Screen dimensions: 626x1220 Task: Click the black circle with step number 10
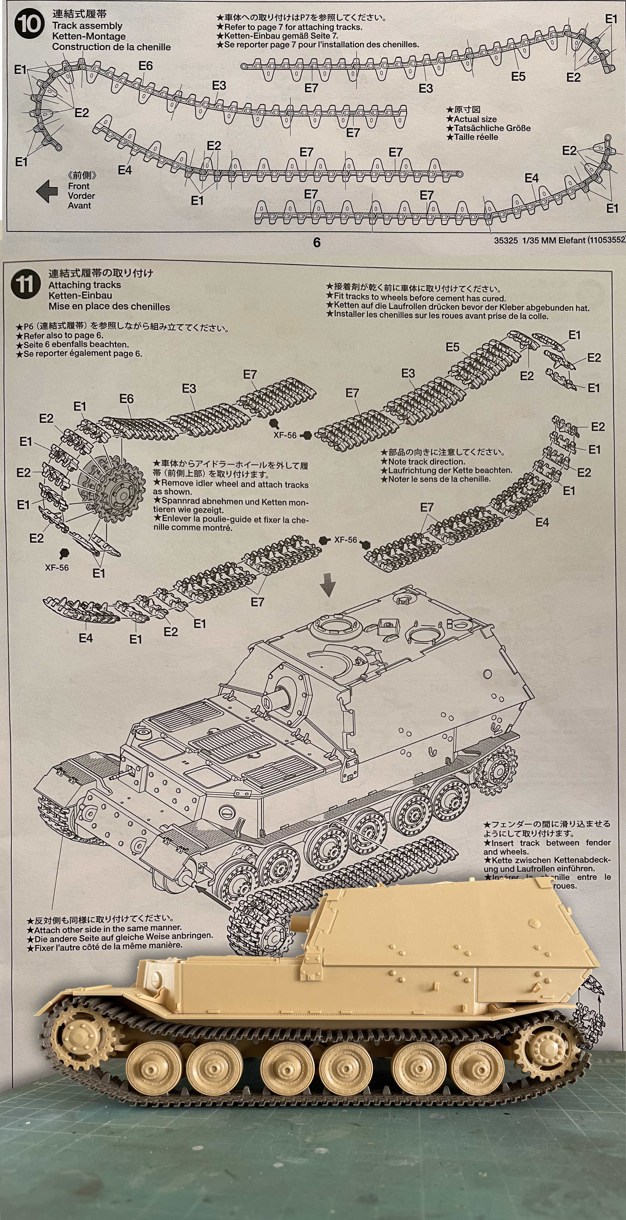(x=29, y=24)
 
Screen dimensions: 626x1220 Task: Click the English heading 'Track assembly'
(x=87, y=26)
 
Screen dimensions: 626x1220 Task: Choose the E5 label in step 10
(x=518, y=76)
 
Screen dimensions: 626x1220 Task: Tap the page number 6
(x=317, y=243)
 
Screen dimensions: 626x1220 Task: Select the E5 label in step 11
(x=452, y=347)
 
